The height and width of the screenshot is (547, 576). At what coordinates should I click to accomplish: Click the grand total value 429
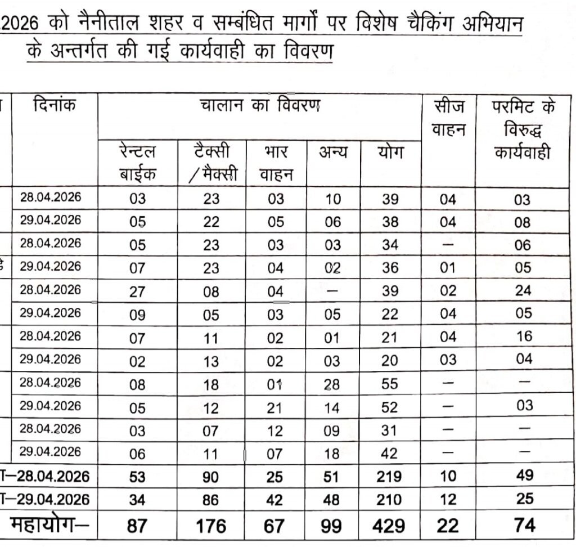click(389, 526)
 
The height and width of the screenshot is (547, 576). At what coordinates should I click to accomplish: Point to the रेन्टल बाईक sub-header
click(137, 163)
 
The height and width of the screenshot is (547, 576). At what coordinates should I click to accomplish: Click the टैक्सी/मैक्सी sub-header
click(211, 163)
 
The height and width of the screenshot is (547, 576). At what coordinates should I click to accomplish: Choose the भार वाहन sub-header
click(276, 163)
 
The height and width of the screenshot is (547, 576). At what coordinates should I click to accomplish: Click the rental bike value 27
click(137, 292)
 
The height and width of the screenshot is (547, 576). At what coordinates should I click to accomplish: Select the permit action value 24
click(523, 292)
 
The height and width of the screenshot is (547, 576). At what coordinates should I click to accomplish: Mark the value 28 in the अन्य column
click(332, 385)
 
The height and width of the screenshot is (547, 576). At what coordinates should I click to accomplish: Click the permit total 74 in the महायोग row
click(523, 526)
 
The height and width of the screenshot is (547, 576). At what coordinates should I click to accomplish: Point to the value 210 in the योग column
click(389, 499)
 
